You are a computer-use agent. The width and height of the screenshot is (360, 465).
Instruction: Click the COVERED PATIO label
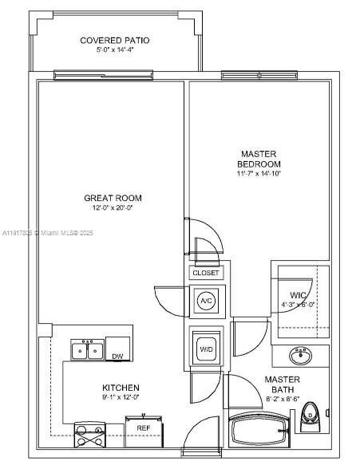click(x=115, y=40)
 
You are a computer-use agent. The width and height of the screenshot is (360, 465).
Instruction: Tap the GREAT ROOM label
click(x=114, y=198)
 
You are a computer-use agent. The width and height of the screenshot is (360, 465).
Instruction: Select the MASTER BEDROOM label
click(x=259, y=158)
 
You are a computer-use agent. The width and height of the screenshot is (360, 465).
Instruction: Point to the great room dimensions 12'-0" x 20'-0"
click(x=114, y=209)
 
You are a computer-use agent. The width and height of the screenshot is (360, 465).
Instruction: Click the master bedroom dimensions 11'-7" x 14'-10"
click(x=259, y=173)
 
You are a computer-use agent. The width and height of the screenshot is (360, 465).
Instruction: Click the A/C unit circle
click(x=206, y=301)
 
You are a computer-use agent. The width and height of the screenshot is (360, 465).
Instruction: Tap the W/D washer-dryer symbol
click(x=206, y=348)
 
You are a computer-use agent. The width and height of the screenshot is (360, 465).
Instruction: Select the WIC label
click(x=288, y=297)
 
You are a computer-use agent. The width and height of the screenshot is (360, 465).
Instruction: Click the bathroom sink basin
click(x=301, y=353)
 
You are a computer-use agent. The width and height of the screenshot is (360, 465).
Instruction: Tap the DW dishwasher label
click(x=117, y=357)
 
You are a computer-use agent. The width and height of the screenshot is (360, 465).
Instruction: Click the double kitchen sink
click(x=87, y=350)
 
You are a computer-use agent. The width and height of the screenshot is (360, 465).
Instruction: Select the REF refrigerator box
click(x=144, y=428)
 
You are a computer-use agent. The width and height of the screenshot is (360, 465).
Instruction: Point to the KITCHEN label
click(x=121, y=387)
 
